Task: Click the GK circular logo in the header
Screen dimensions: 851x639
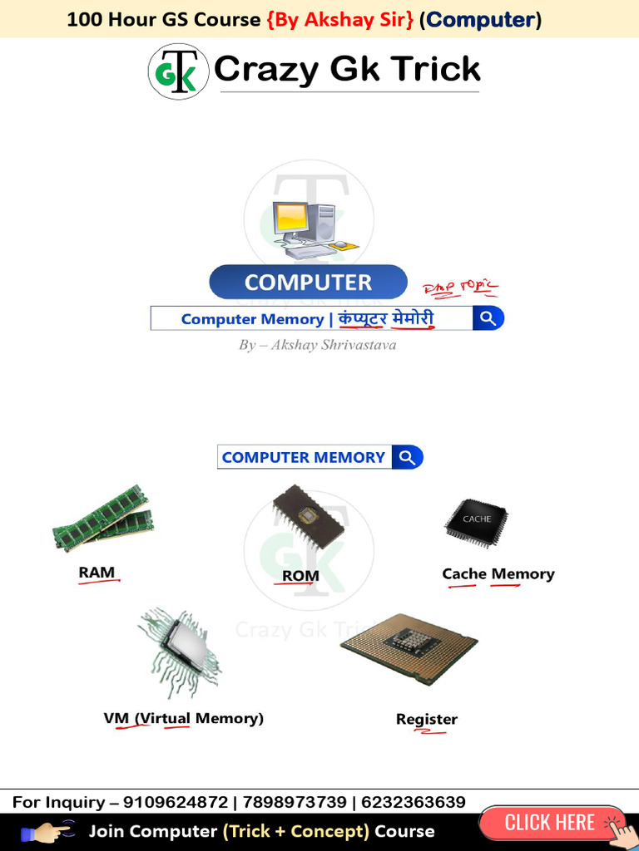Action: coord(178,71)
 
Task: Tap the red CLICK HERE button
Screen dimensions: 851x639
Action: coord(550,823)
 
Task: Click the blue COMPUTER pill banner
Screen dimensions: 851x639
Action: coord(308,283)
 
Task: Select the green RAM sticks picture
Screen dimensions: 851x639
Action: coord(103,519)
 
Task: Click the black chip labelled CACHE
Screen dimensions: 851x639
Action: coord(477,521)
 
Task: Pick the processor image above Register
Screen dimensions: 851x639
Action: coord(409,648)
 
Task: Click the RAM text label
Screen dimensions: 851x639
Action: coord(97,572)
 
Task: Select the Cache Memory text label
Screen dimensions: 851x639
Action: coord(498,573)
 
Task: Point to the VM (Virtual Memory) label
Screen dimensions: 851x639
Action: coord(183,718)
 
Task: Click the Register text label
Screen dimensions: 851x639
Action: coord(427,719)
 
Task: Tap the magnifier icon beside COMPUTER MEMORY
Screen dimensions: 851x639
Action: coord(407,457)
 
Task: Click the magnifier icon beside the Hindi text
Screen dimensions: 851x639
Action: coord(488,318)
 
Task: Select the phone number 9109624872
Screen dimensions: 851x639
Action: coord(176,802)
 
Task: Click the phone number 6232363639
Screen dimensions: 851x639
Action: coord(414,802)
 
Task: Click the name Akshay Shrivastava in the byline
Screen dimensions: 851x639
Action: coord(328,345)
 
